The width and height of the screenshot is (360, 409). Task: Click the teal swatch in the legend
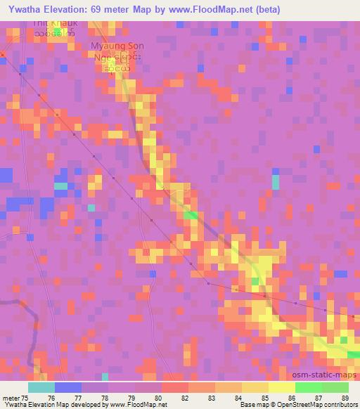pyautogui.click(x=41, y=387)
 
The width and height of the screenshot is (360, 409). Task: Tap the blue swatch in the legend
pyautogui.click(x=67, y=387)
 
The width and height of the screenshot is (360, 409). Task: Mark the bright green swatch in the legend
pyautogui.click(x=308, y=387)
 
